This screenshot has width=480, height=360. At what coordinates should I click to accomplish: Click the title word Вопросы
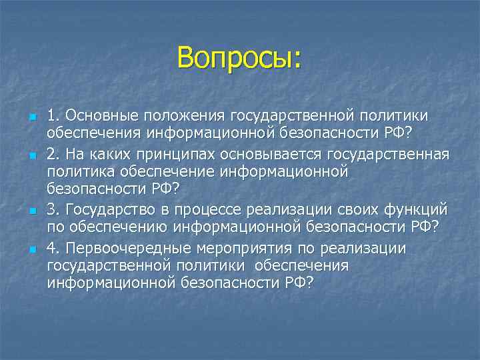(x=239, y=58)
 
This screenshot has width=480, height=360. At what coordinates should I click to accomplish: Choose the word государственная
(x=388, y=155)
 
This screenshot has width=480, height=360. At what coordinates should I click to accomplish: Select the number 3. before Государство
(x=53, y=211)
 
